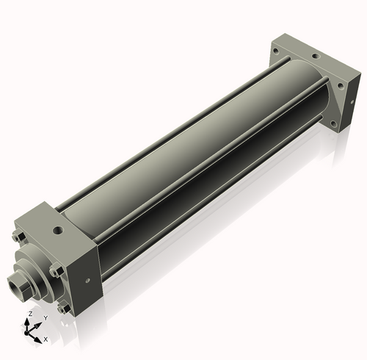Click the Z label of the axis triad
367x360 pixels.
[31, 314]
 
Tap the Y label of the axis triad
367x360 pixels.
[46, 318]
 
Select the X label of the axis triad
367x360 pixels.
[46, 339]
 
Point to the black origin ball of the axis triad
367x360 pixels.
[26, 333]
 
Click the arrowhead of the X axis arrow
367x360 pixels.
[37, 339]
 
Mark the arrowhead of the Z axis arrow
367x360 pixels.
[26, 322]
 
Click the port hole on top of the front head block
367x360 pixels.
[58, 230]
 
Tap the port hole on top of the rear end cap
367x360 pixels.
[316, 57]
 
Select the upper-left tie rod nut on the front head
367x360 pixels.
[18, 237]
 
